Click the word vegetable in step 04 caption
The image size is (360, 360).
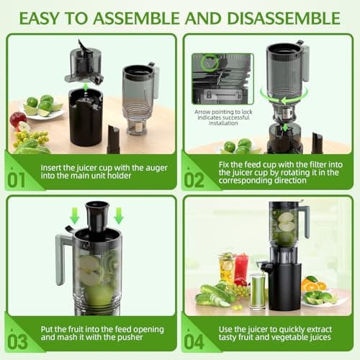287,338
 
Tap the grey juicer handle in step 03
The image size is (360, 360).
63,259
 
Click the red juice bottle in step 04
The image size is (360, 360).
240,268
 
